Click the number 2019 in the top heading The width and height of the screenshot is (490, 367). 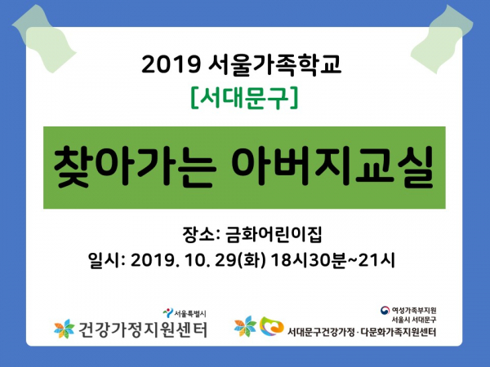pyautogui.click(x=171, y=64)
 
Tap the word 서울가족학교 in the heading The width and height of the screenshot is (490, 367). pyautogui.click(x=274, y=65)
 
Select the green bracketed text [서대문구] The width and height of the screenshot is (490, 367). pyautogui.click(x=244, y=98)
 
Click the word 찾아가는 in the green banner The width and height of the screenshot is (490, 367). pyautogui.click(x=135, y=166)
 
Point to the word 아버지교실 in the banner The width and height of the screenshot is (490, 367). pyautogui.click(x=332, y=166)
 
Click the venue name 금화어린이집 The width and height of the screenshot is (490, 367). pyautogui.click(x=274, y=234)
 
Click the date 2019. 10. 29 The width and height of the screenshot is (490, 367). pyautogui.click(x=183, y=260)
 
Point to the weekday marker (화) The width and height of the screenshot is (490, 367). pyautogui.click(x=252, y=260)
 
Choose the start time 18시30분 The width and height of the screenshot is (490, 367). pyautogui.click(x=308, y=260)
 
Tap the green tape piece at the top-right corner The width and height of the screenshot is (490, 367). pyautogui.click(x=442, y=39)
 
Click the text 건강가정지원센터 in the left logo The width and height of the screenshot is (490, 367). pyautogui.click(x=143, y=329)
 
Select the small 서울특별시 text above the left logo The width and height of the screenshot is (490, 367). pyautogui.click(x=190, y=313)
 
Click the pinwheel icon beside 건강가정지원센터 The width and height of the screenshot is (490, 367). pyautogui.click(x=65, y=329)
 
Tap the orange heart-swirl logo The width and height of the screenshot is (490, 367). pyautogui.click(x=271, y=326)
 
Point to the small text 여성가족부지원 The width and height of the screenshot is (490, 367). pyautogui.click(x=414, y=310)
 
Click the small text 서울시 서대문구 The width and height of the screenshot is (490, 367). pyautogui.click(x=414, y=320)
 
